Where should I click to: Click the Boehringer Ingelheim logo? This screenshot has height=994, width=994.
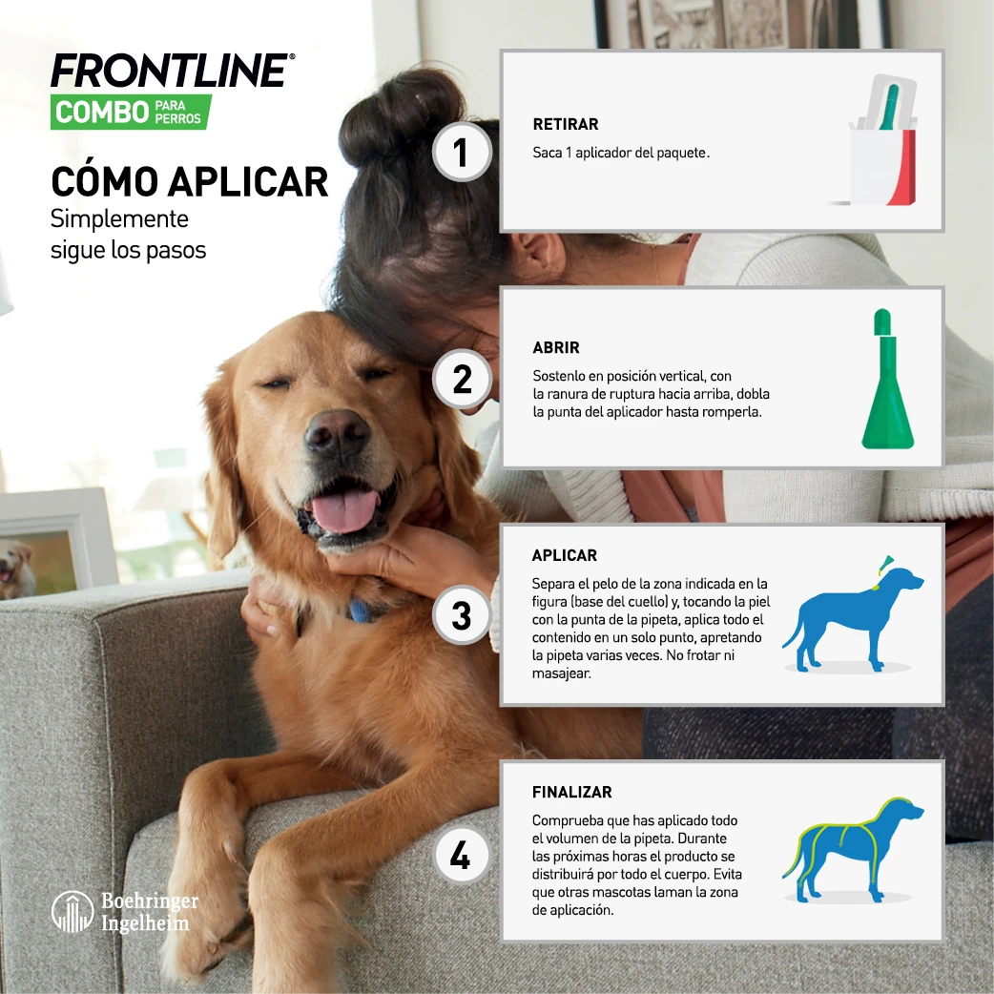point(125,912)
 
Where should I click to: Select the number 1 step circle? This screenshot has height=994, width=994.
point(462,153)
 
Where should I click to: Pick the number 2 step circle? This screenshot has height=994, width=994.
point(462,380)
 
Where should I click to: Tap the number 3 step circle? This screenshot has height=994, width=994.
point(462,615)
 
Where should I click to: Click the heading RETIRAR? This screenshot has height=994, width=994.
point(566,125)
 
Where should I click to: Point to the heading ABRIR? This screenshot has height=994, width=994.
point(556,348)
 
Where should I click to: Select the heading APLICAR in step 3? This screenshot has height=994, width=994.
point(565,555)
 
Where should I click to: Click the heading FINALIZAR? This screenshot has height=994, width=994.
point(572,793)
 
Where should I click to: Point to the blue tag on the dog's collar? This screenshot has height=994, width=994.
point(361,611)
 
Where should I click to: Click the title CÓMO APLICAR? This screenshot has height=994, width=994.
point(190,180)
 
